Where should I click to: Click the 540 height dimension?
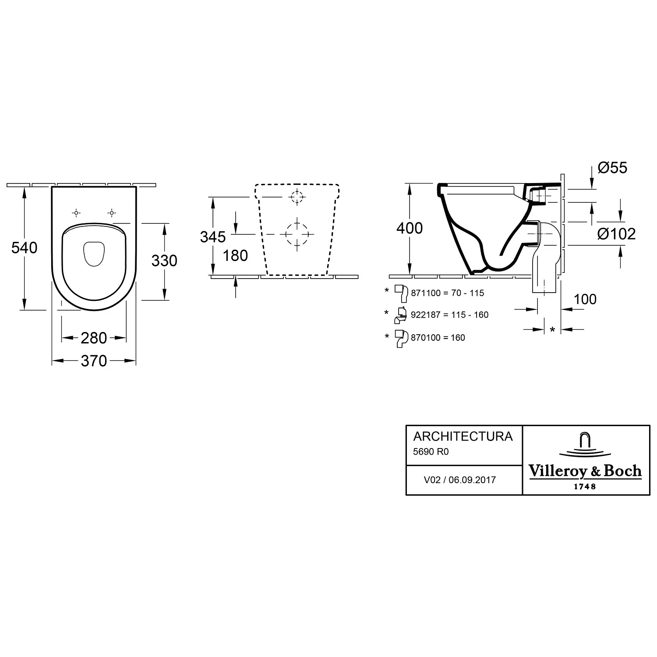pos(25,248)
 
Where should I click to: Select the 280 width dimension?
pos(94,338)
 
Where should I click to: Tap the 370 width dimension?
pos(94,361)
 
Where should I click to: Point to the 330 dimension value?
pos(164,261)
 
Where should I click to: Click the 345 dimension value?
pos(213,237)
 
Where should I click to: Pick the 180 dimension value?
pos(235,255)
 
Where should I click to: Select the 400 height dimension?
pos(410,228)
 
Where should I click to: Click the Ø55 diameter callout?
pos(612,167)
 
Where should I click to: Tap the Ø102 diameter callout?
pos(616,234)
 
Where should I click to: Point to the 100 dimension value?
pos(585,299)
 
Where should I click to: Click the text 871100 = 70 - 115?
pos(448,293)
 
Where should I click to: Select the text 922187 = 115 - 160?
pos(450,315)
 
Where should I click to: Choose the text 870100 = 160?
pos(438,338)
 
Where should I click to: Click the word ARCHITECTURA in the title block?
pos(463,436)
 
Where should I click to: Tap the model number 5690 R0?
pos(431,451)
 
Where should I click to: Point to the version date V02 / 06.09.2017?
pos(460,480)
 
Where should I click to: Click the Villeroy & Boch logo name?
pos(585,471)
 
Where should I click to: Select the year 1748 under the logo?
pos(585,486)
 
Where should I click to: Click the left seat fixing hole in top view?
pos(76,213)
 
